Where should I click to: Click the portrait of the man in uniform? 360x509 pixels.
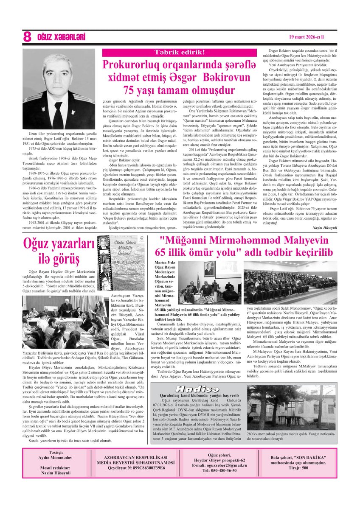pos(59,84)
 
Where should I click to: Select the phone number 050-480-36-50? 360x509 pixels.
pos(217,470)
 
